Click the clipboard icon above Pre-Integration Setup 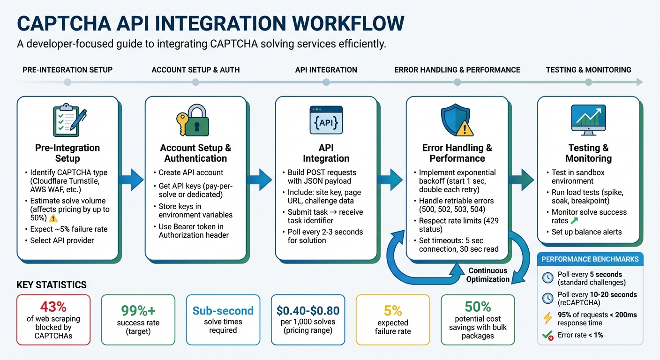[67, 120]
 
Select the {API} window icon [326, 120]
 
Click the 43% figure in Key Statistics [53, 307]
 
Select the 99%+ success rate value [138, 310]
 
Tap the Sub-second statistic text [223, 310]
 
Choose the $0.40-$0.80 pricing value [307, 310]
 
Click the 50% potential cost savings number [478, 307]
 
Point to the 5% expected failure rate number [393, 310]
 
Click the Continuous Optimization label [487, 275]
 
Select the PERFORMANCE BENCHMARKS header [590, 259]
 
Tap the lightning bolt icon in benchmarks [547, 319]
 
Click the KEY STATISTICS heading [52, 285]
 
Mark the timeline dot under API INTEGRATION [326, 82]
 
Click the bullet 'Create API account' [191, 172]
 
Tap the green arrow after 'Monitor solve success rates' [574, 220]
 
